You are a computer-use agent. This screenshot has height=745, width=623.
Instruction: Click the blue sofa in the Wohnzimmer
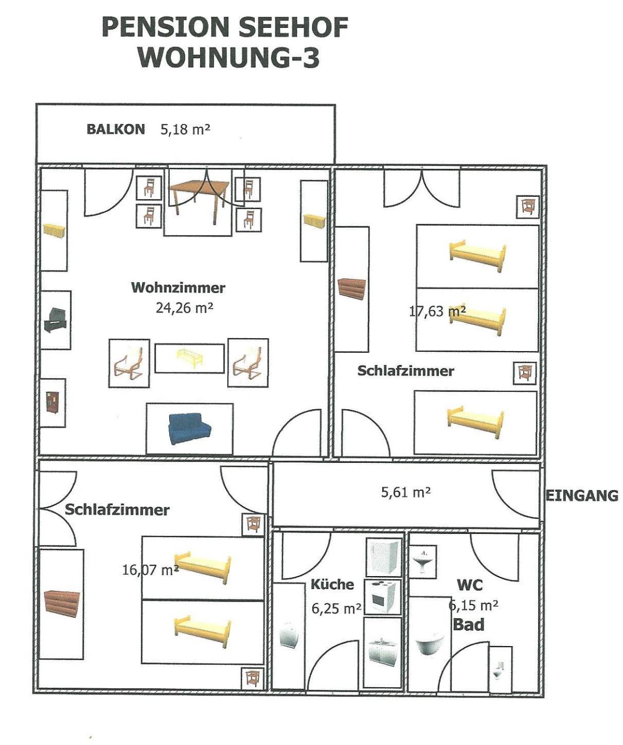click(190, 428)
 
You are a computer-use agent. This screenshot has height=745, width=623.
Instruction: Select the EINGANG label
click(582, 496)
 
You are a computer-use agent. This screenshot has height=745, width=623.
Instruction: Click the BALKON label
click(116, 129)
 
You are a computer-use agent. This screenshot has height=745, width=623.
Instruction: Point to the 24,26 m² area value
click(184, 307)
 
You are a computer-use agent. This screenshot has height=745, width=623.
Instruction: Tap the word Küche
click(332, 584)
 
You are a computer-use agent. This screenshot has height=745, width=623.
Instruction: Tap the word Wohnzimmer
click(179, 288)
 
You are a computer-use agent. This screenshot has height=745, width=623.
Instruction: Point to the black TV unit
click(55, 320)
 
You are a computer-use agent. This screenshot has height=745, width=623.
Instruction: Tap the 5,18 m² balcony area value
click(185, 129)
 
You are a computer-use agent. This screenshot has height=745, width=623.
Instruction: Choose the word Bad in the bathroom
click(469, 625)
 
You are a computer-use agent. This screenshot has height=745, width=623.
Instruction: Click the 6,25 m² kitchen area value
click(336, 609)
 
